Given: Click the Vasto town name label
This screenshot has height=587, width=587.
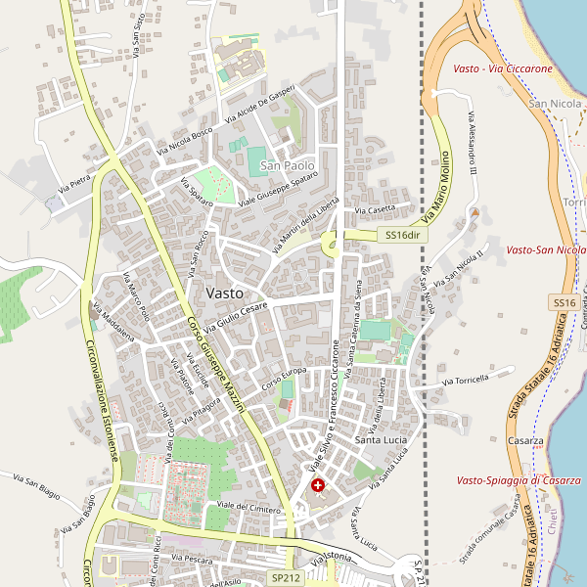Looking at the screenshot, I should pos(225,293).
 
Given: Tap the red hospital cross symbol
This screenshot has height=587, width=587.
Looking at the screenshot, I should pos(318,485).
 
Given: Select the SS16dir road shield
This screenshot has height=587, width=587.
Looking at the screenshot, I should pos(402,236).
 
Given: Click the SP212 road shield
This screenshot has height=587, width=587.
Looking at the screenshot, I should pos(285,578).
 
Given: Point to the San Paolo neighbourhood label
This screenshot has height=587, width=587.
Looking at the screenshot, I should pos(287,167).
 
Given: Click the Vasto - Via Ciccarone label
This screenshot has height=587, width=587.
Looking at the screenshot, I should pos(503,69).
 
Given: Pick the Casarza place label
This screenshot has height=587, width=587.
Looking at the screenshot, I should pos(525,441).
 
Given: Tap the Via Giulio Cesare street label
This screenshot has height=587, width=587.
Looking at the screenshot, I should pos(236,321).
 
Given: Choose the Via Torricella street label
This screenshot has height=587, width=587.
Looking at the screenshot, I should pos(465,380).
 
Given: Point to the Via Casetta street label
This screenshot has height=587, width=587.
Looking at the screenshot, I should pos(375,209).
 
